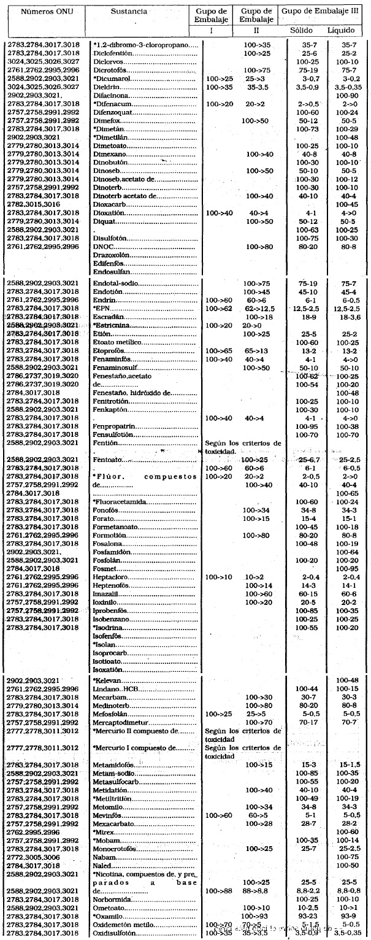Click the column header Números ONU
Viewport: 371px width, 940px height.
(39, 12)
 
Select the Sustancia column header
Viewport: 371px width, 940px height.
(128, 12)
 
